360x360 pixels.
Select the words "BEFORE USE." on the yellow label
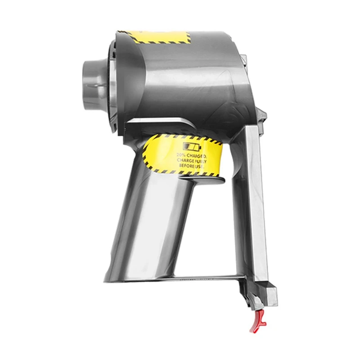click(x=191, y=166)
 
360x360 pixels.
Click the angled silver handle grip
click(x=153, y=216)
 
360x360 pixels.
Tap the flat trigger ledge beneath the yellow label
click(x=202, y=180)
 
